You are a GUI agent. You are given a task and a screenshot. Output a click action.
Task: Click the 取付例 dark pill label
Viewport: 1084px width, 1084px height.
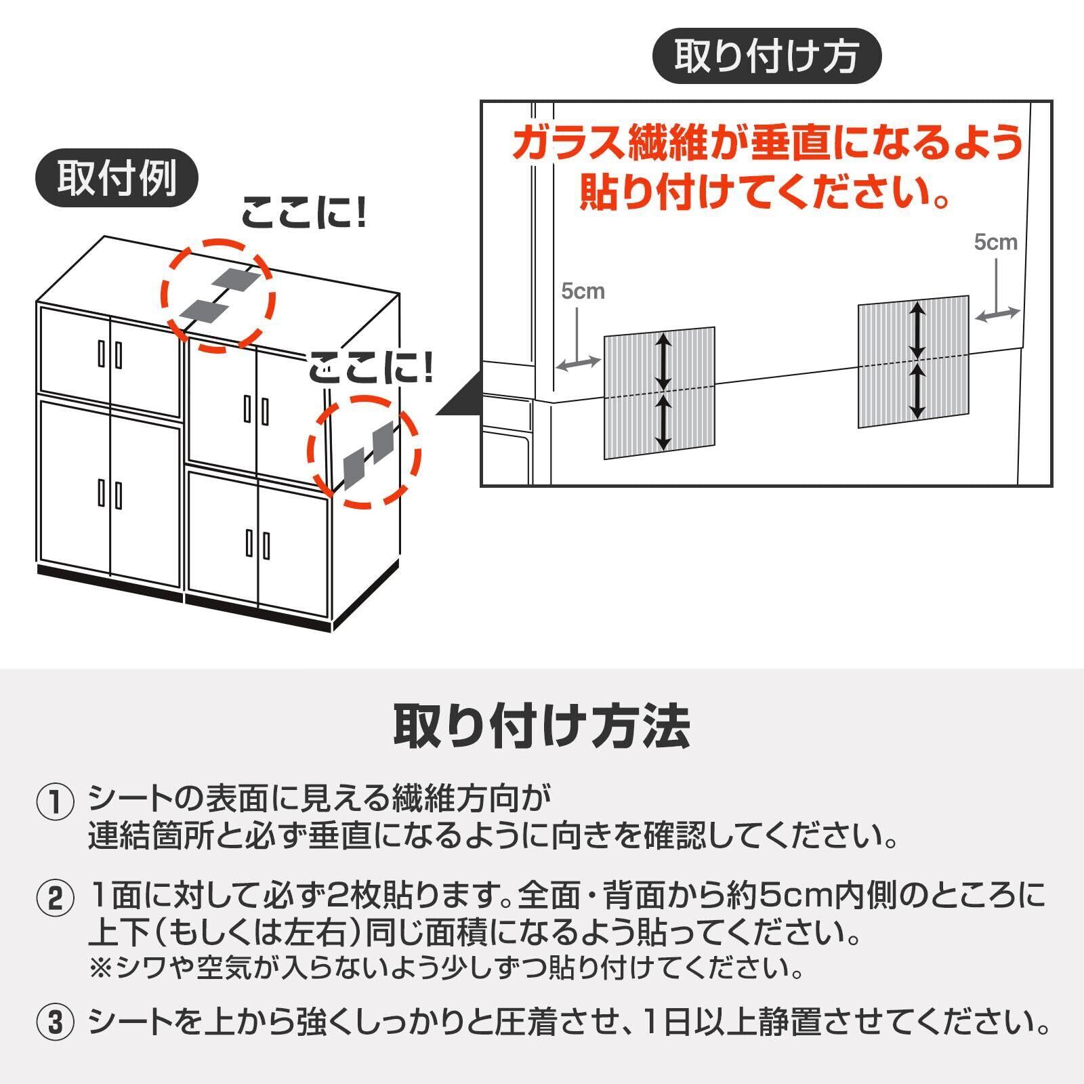[117, 178]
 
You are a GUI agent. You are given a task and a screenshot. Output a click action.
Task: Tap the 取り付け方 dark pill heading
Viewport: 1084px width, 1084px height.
[766, 56]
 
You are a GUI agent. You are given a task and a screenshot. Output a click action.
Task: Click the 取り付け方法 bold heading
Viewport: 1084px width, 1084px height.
[542, 726]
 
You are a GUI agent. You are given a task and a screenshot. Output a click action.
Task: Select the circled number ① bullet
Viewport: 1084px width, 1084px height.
[54, 803]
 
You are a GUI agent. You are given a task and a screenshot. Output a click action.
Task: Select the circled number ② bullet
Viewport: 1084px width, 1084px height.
[54, 899]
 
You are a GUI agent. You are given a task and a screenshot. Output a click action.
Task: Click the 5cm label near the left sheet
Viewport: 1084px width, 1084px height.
[582, 291]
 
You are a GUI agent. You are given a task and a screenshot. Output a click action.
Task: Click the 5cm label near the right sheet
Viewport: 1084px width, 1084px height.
[995, 242]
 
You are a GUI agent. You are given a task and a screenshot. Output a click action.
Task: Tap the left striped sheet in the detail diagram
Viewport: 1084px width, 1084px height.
[659, 393]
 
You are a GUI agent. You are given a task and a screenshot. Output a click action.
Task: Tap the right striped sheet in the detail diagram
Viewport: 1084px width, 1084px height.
[913, 362]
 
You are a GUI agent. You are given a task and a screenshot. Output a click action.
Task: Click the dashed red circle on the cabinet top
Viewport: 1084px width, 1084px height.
[218, 295]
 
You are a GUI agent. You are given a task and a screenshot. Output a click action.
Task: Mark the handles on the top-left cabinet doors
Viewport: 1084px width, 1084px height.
[109, 354]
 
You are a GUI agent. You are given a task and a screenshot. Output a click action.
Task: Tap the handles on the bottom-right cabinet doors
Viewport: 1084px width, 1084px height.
[257, 544]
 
